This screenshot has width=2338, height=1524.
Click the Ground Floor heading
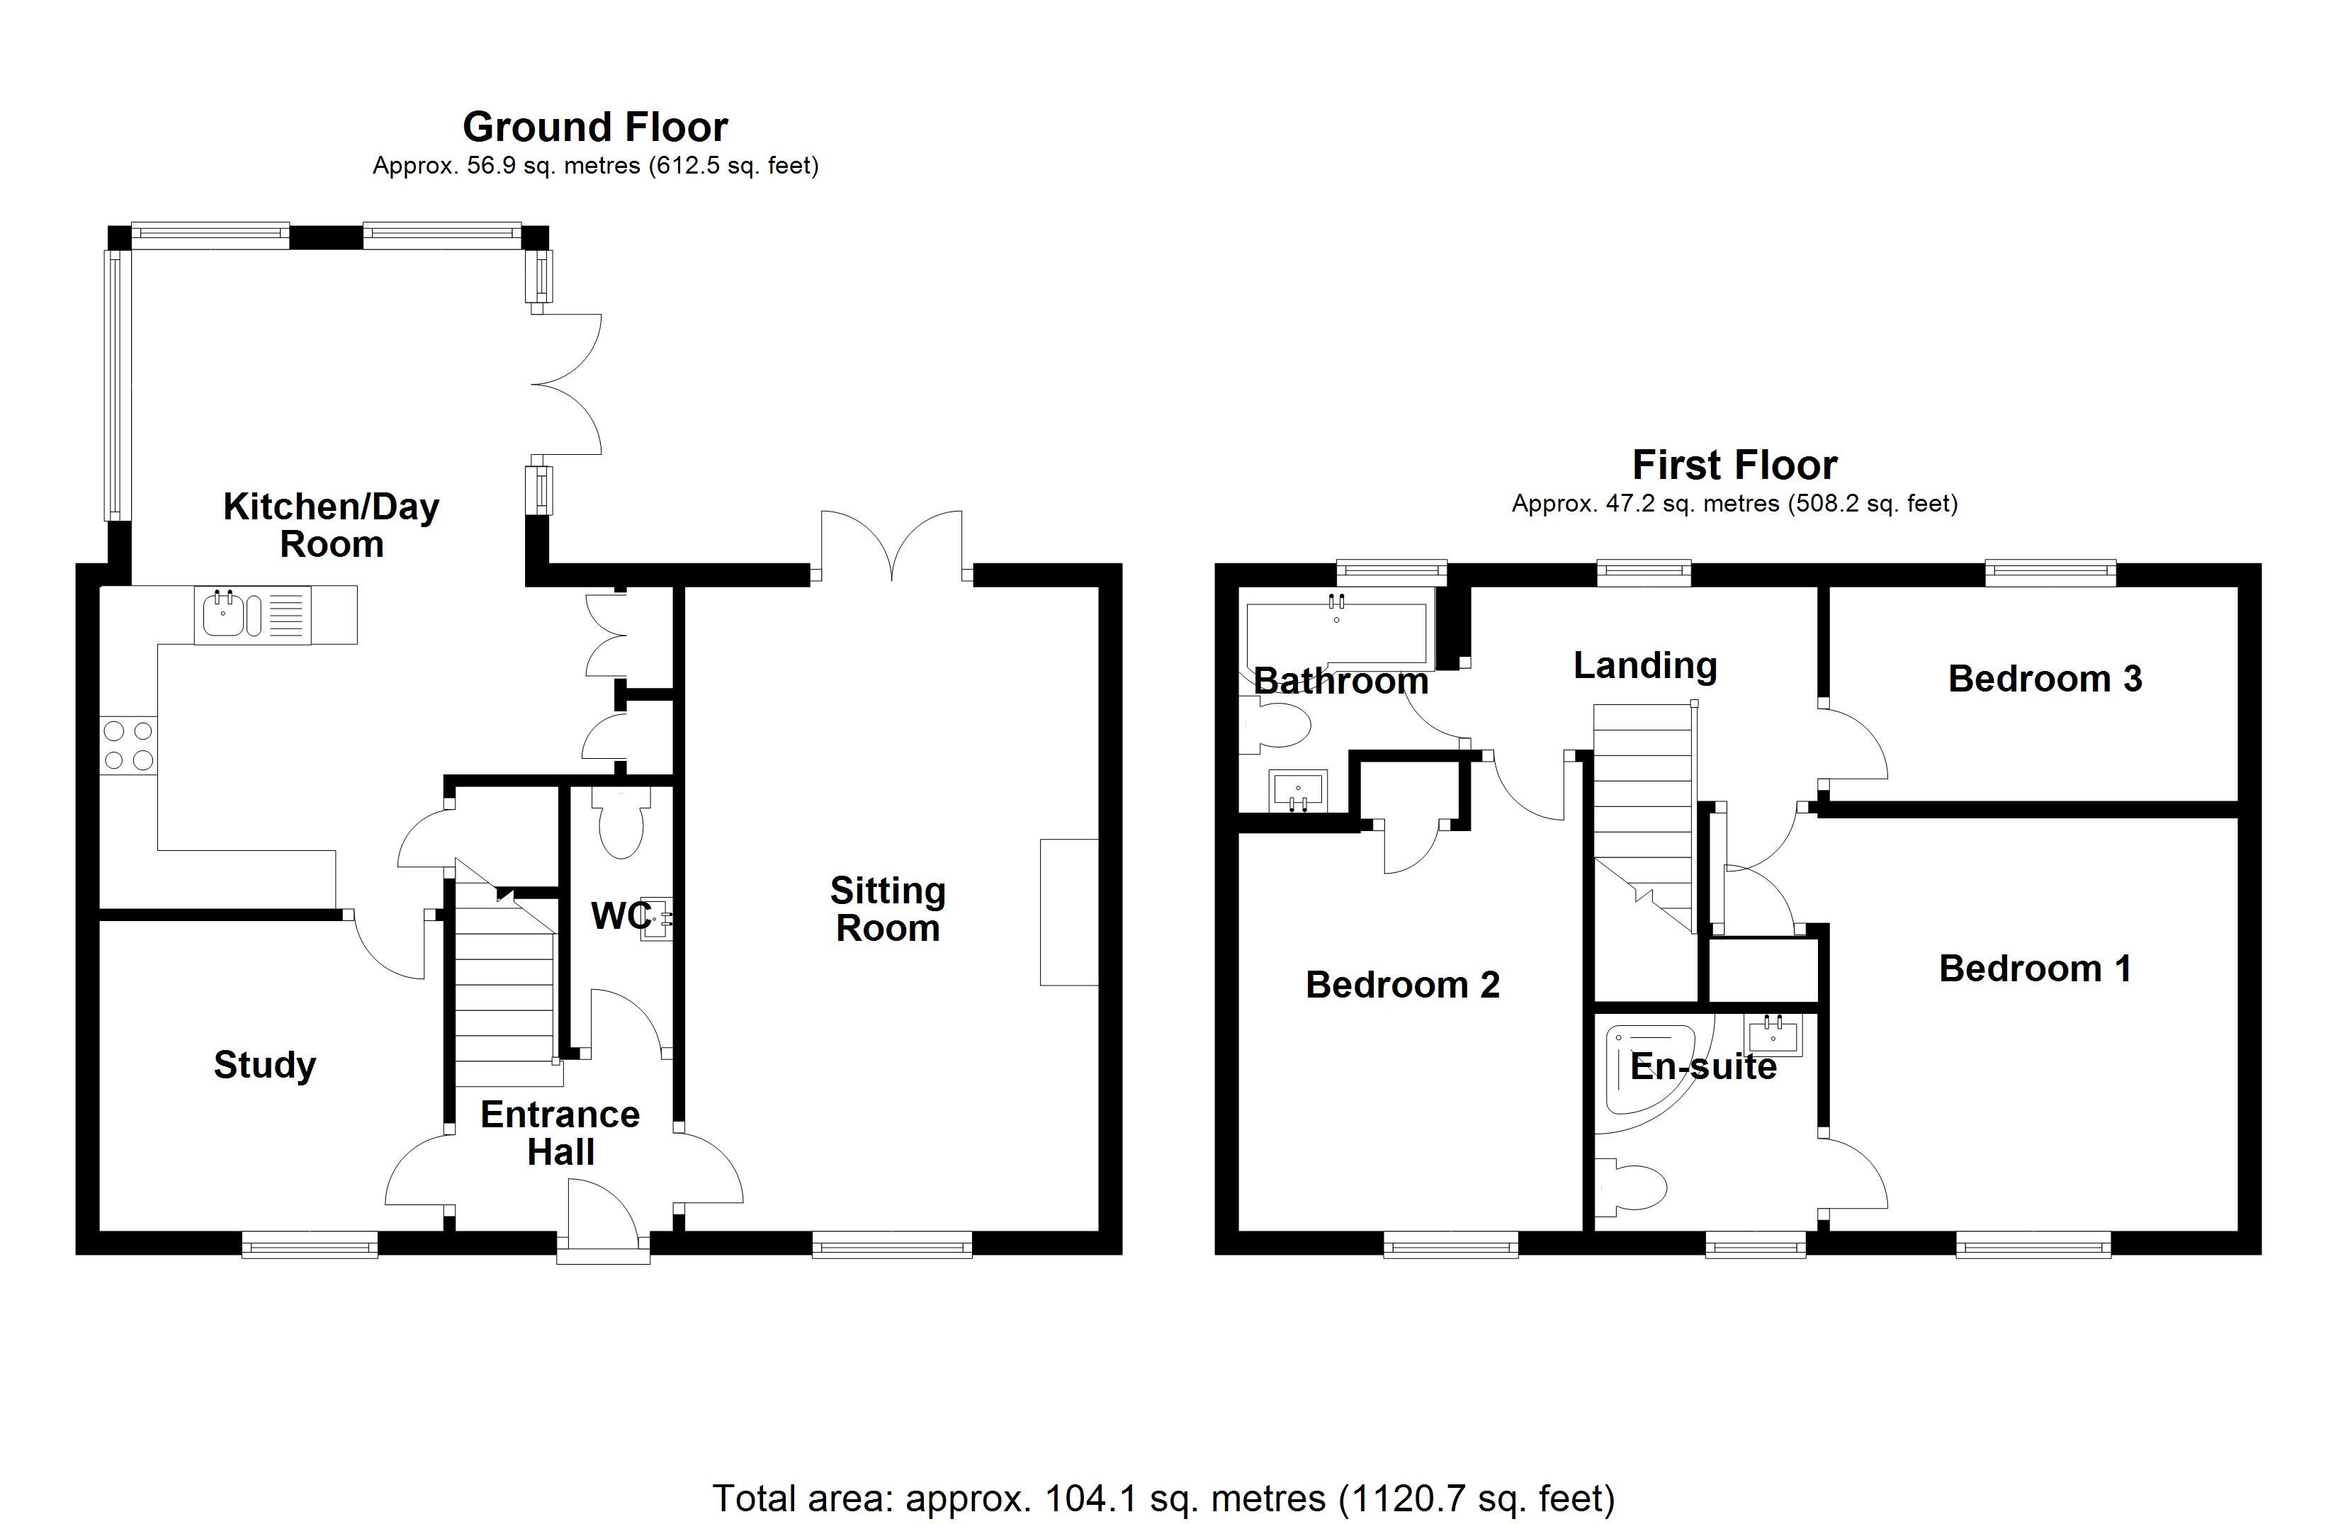[594, 128]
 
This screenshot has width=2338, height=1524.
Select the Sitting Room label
[887, 909]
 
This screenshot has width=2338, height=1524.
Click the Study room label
[264, 1065]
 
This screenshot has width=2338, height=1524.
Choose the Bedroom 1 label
[2035, 969]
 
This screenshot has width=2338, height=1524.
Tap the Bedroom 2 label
[1402, 985]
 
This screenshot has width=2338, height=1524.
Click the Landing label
[1644, 665]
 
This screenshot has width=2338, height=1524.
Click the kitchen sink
[226, 615]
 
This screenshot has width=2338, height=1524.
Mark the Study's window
[310, 1246]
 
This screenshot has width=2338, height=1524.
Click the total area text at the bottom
[1163, 1498]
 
